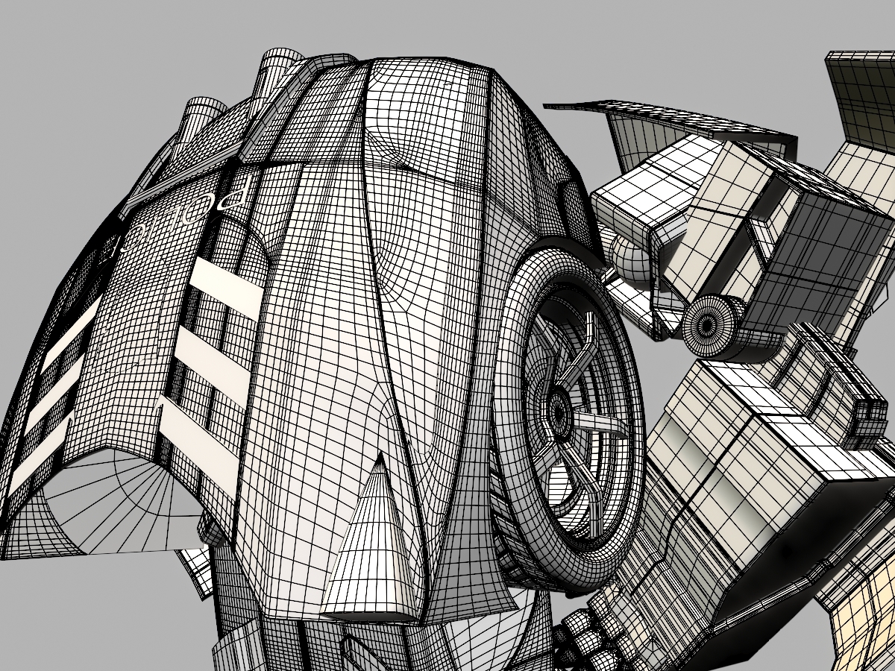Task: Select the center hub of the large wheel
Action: point(558,408)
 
